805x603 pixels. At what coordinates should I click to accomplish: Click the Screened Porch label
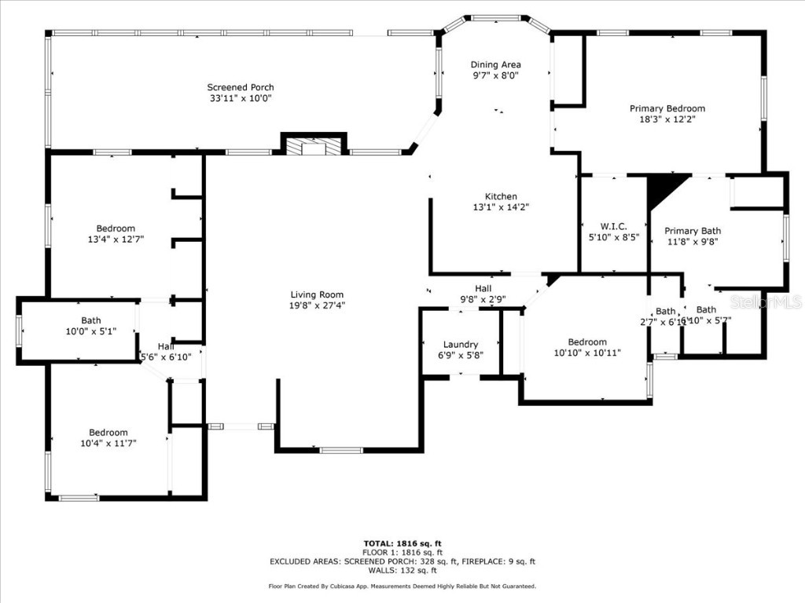[x=241, y=87]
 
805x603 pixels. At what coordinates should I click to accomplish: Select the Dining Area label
[x=495, y=64]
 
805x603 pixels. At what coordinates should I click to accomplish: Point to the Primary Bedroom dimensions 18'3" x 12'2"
[x=667, y=120]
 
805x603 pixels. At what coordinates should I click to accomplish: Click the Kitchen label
[x=501, y=196]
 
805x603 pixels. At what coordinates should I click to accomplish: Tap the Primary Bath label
[x=693, y=231]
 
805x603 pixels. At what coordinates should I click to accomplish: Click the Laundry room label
[x=461, y=344]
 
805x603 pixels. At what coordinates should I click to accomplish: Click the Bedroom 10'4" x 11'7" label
[x=108, y=433]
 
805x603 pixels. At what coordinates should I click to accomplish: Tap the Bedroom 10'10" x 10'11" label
[x=587, y=342]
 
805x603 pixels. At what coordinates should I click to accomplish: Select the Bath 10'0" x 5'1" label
[x=91, y=320]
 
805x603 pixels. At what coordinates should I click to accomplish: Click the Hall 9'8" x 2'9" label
[x=483, y=289]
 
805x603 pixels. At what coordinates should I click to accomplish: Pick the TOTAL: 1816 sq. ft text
[x=402, y=543]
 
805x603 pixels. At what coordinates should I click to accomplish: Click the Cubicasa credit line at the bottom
[x=402, y=587]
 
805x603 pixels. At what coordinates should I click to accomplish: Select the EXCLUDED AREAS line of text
[x=402, y=561]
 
